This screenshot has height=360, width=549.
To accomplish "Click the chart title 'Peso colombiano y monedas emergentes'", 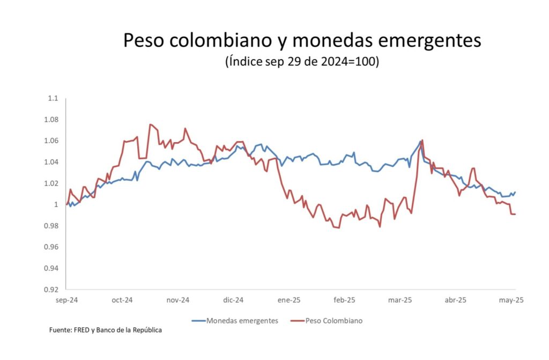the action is tap(302, 41).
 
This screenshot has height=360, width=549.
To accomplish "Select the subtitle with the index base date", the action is tap(302, 62).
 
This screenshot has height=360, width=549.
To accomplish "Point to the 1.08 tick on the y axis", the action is tap(51, 120).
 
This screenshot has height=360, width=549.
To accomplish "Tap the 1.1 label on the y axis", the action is tap(53, 99).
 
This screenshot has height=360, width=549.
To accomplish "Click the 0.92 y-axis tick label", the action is tap(51, 290).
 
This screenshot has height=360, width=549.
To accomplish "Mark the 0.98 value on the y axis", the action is tap(51, 226).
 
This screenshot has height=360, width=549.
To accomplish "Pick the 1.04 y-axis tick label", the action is tap(51, 162).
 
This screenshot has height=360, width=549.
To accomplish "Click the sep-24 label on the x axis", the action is tap(66, 300).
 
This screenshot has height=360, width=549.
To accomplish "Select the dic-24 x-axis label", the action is tap(233, 300).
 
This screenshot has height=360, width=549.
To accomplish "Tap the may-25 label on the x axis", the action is tap(511, 300).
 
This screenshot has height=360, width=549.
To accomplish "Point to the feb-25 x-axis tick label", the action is tap(344, 300).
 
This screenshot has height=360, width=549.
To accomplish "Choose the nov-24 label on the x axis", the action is tap(178, 300).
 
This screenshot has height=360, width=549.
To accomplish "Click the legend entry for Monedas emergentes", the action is tap(235, 321).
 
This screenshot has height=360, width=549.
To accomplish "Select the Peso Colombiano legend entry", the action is tap(327, 321).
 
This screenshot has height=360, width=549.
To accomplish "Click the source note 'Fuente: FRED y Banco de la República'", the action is tap(106, 330).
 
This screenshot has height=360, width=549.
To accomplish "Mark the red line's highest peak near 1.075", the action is tap(150, 124).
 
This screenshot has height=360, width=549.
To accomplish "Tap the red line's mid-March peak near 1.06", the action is tap(422, 140).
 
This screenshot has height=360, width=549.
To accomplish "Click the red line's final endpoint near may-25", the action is tap(515, 214).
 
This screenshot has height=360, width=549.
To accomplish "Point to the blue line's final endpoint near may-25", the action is tap(515, 192).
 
